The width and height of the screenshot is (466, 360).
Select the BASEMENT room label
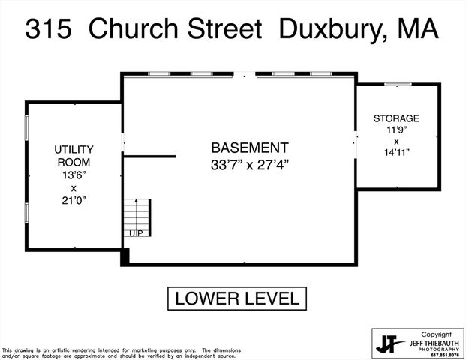click(x=250, y=148)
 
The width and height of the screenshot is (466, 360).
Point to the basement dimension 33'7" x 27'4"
click(x=250, y=165)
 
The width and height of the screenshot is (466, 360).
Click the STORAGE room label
click(x=396, y=118)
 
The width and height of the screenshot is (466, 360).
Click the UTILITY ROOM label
click(x=74, y=155)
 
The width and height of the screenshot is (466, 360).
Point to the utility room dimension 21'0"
click(x=74, y=201)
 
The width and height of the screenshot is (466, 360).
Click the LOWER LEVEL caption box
click(x=236, y=298)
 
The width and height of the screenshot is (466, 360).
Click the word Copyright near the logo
click(x=435, y=334)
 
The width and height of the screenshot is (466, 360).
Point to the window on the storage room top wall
click(x=395, y=83)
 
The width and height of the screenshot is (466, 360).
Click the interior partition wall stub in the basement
click(x=149, y=157)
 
